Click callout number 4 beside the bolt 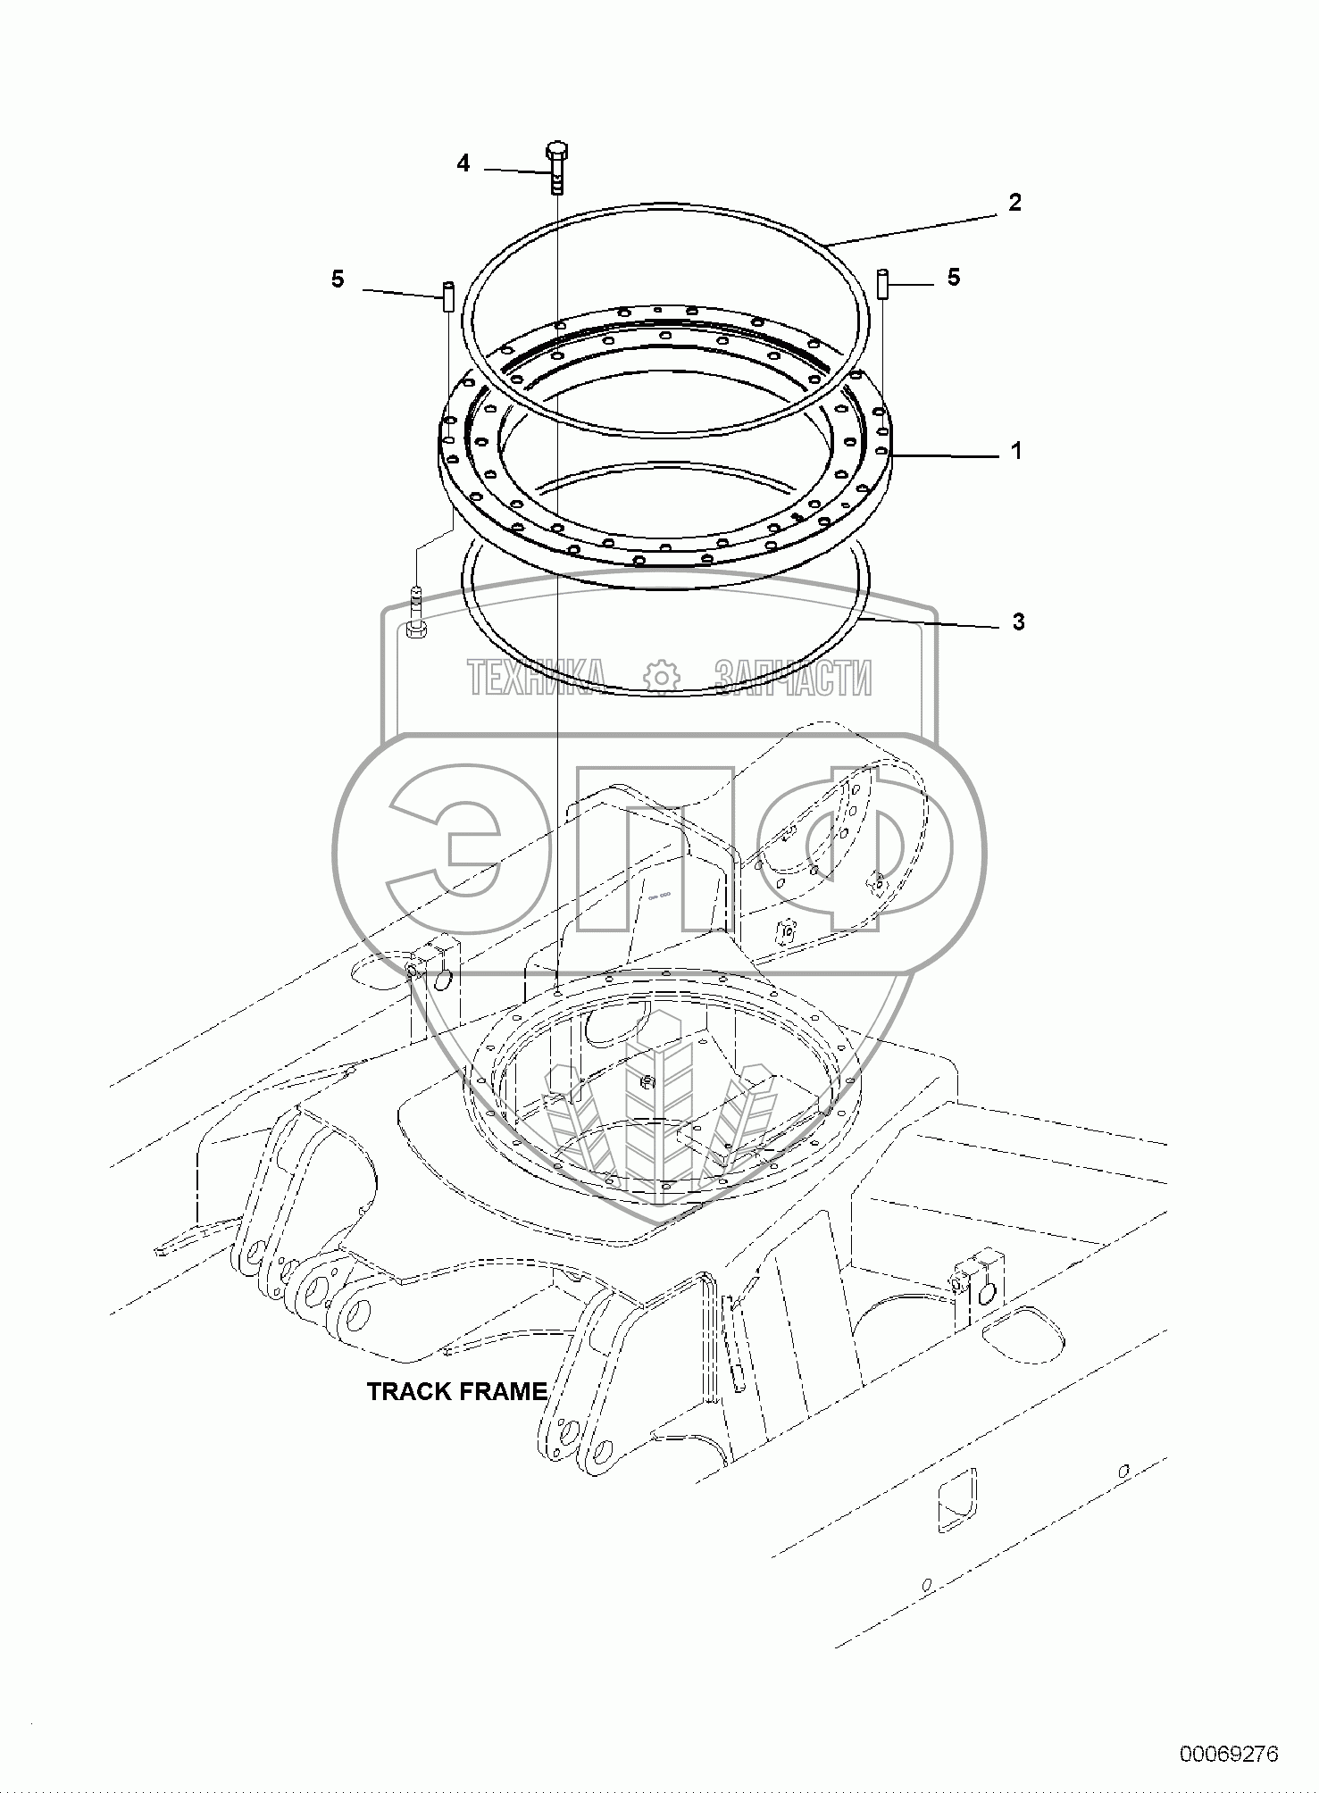(x=463, y=163)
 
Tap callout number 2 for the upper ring (x=1014, y=203)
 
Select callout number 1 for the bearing (x=1015, y=452)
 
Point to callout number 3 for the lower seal (x=1018, y=621)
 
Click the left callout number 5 (x=337, y=279)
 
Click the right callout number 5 (x=954, y=278)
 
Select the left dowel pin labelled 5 (x=447, y=296)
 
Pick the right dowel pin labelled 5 (x=883, y=284)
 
